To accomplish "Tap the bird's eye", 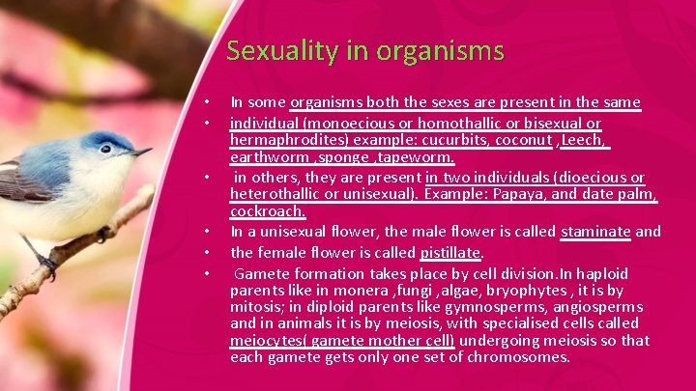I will coord(105,149).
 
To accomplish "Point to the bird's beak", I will coord(141,153).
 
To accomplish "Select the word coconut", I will coord(523,140).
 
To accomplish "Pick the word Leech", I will coord(584,140).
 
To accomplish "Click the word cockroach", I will coord(268,210).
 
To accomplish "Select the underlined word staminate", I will coord(595,232).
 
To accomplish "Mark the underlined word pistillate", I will coord(450,253).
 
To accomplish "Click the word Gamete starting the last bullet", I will coord(259,271).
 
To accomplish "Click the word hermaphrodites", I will coord(284,140).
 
